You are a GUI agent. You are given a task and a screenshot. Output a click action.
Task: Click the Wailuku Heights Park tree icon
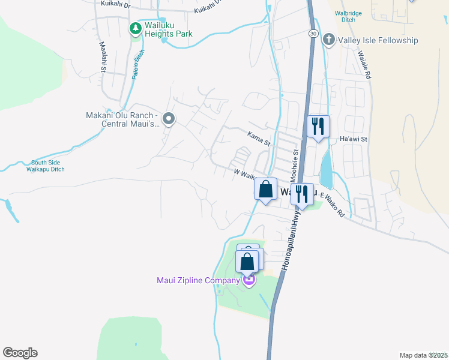136,28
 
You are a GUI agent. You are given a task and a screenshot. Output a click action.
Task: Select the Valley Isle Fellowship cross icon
328,40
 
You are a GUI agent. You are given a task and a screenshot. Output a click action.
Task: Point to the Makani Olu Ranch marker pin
169,119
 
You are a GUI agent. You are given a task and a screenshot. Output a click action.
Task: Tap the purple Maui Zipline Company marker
250,280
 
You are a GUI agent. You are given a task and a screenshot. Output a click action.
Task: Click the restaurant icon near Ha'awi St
318,127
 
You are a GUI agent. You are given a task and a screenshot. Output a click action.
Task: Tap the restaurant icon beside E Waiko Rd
302,194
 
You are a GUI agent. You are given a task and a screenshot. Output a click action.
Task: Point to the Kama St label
260,139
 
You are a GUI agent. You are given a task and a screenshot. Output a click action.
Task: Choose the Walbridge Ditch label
344,16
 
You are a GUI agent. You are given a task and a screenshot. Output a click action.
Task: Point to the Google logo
20,353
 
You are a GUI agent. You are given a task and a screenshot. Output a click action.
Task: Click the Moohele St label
295,163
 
